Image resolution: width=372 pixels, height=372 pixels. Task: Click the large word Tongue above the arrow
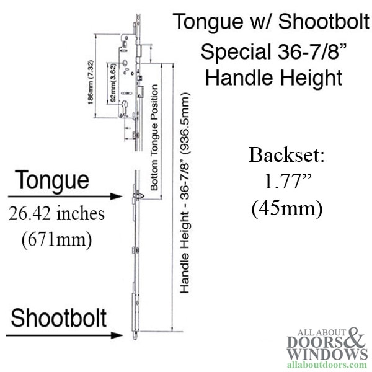pos(53,181)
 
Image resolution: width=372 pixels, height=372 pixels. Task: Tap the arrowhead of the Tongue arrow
pos(117,197)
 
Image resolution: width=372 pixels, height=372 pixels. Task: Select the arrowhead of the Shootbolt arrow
pos(117,335)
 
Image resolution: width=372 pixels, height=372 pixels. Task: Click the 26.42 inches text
pos(56,214)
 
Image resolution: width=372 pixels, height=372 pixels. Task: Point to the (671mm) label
pos(56,239)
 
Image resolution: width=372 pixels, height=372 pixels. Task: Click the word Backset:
pos(286,155)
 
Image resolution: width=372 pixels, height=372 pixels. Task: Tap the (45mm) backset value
pos(287,209)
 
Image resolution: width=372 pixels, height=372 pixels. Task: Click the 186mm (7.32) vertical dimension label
pos(91,82)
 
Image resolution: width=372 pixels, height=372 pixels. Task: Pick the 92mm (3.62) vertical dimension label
pos(113,83)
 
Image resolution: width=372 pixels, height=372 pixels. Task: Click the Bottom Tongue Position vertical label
pos(154,138)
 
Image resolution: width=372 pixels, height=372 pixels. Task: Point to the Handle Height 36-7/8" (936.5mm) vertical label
pos(185,193)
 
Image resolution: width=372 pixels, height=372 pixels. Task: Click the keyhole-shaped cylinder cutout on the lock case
pos(125,108)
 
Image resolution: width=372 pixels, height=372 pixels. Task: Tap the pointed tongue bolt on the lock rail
pos(139,196)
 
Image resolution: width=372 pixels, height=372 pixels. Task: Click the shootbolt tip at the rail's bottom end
pos(135,337)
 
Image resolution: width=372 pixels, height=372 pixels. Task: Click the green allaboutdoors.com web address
pos(327,365)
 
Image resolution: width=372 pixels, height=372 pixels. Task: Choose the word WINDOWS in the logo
pos(327,354)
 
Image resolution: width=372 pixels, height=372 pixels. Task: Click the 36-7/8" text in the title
pos(312,51)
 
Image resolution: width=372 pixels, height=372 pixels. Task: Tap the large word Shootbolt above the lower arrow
pos(59,318)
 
